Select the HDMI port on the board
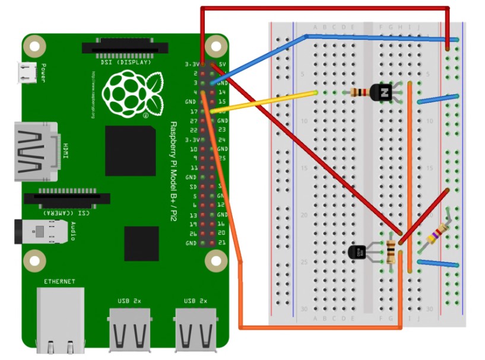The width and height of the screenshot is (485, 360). [36, 152]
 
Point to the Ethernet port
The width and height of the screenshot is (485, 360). [59, 317]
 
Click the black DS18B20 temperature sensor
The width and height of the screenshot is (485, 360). [358, 252]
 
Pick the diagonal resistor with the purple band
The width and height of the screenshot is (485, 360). [438, 234]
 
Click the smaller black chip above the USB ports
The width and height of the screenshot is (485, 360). [141, 243]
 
